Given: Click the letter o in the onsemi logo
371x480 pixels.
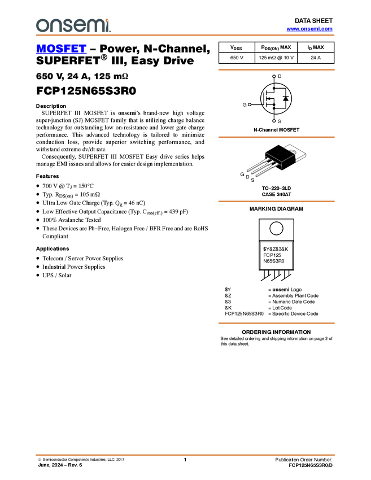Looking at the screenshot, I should coord(42,25).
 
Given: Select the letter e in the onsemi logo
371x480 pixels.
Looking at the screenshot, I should coord(81,25).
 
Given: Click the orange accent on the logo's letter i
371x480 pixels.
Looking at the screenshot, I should coord(108,20).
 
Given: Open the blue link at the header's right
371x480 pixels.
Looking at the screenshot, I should coord(309,29).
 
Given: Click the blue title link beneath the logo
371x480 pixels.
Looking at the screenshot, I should coord(61,49).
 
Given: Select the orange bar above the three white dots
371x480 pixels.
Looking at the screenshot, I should coord(276,69).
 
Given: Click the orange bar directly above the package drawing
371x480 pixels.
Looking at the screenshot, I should coord(276,137).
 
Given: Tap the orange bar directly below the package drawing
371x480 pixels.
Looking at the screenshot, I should coord(276,202).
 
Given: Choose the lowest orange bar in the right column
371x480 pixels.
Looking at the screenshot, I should coord(276,324).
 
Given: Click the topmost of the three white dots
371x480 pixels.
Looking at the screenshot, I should coord(274,76).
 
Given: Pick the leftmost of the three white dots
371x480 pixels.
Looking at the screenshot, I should coord(249,104).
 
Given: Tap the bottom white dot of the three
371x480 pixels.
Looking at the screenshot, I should coord(274,121).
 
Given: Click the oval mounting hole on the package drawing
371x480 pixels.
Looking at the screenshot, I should coord(293,151).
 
